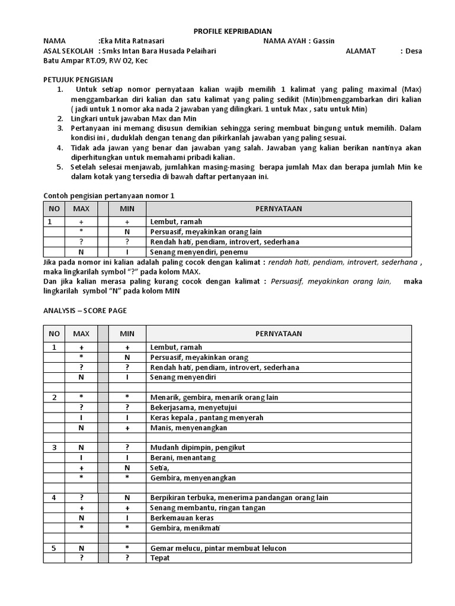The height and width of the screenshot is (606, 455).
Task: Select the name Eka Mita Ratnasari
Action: [x=131, y=41]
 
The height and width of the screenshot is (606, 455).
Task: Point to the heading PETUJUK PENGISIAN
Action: [x=78, y=79]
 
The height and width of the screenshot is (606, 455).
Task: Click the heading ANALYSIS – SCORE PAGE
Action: [x=85, y=310]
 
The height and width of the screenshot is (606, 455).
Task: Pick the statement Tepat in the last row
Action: [x=161, y=558]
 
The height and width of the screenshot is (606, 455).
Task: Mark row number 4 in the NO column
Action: [x=55, y=498]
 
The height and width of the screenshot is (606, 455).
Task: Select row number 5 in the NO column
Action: [x=55, y=548]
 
